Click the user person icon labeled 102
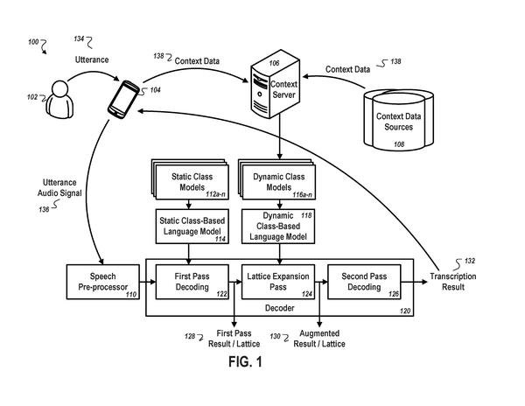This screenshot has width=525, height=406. point(59,100)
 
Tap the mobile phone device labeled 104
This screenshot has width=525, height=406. point(123,99)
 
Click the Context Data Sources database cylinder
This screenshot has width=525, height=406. point(398,120)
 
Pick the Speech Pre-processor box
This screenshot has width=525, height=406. point(103,282)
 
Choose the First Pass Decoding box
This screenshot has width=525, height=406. point(192,282)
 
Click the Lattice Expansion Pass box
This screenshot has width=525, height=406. point(278,282)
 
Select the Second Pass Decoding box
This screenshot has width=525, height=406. point(364,282)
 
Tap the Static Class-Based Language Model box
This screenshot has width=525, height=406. point(192,227)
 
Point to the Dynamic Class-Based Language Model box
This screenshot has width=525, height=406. point(278,227)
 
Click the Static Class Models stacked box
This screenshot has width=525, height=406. point(190,179)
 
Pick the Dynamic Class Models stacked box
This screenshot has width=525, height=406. point(276,179)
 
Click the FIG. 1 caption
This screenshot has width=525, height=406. point(245,362)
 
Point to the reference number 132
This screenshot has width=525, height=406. point(470,261)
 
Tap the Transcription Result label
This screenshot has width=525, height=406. point(453,282)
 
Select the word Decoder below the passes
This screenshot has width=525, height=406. point(280,308)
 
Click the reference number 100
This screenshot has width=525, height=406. point(33,42)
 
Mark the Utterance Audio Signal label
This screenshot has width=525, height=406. point(59,188)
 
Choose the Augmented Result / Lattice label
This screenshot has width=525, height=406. point(319,339)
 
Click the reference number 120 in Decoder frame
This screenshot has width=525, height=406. point(405,311)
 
